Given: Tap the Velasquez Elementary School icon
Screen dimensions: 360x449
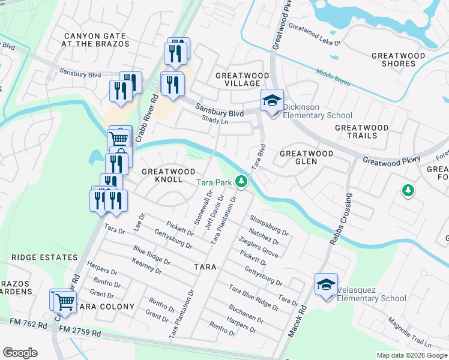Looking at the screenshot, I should coord(326,284).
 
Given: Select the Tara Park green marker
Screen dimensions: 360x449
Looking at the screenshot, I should coord(242,181).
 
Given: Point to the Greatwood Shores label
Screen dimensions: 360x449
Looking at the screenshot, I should coord(398,60).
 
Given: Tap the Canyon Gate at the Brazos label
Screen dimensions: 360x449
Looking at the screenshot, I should coord(97,40).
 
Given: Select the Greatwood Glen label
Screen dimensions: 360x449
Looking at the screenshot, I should coord(307,158).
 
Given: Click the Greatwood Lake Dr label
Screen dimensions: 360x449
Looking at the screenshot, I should coord(315,35).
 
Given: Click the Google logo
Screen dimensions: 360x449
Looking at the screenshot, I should coord(20,353).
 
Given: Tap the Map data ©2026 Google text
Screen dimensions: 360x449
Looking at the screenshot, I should coord(412,355).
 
